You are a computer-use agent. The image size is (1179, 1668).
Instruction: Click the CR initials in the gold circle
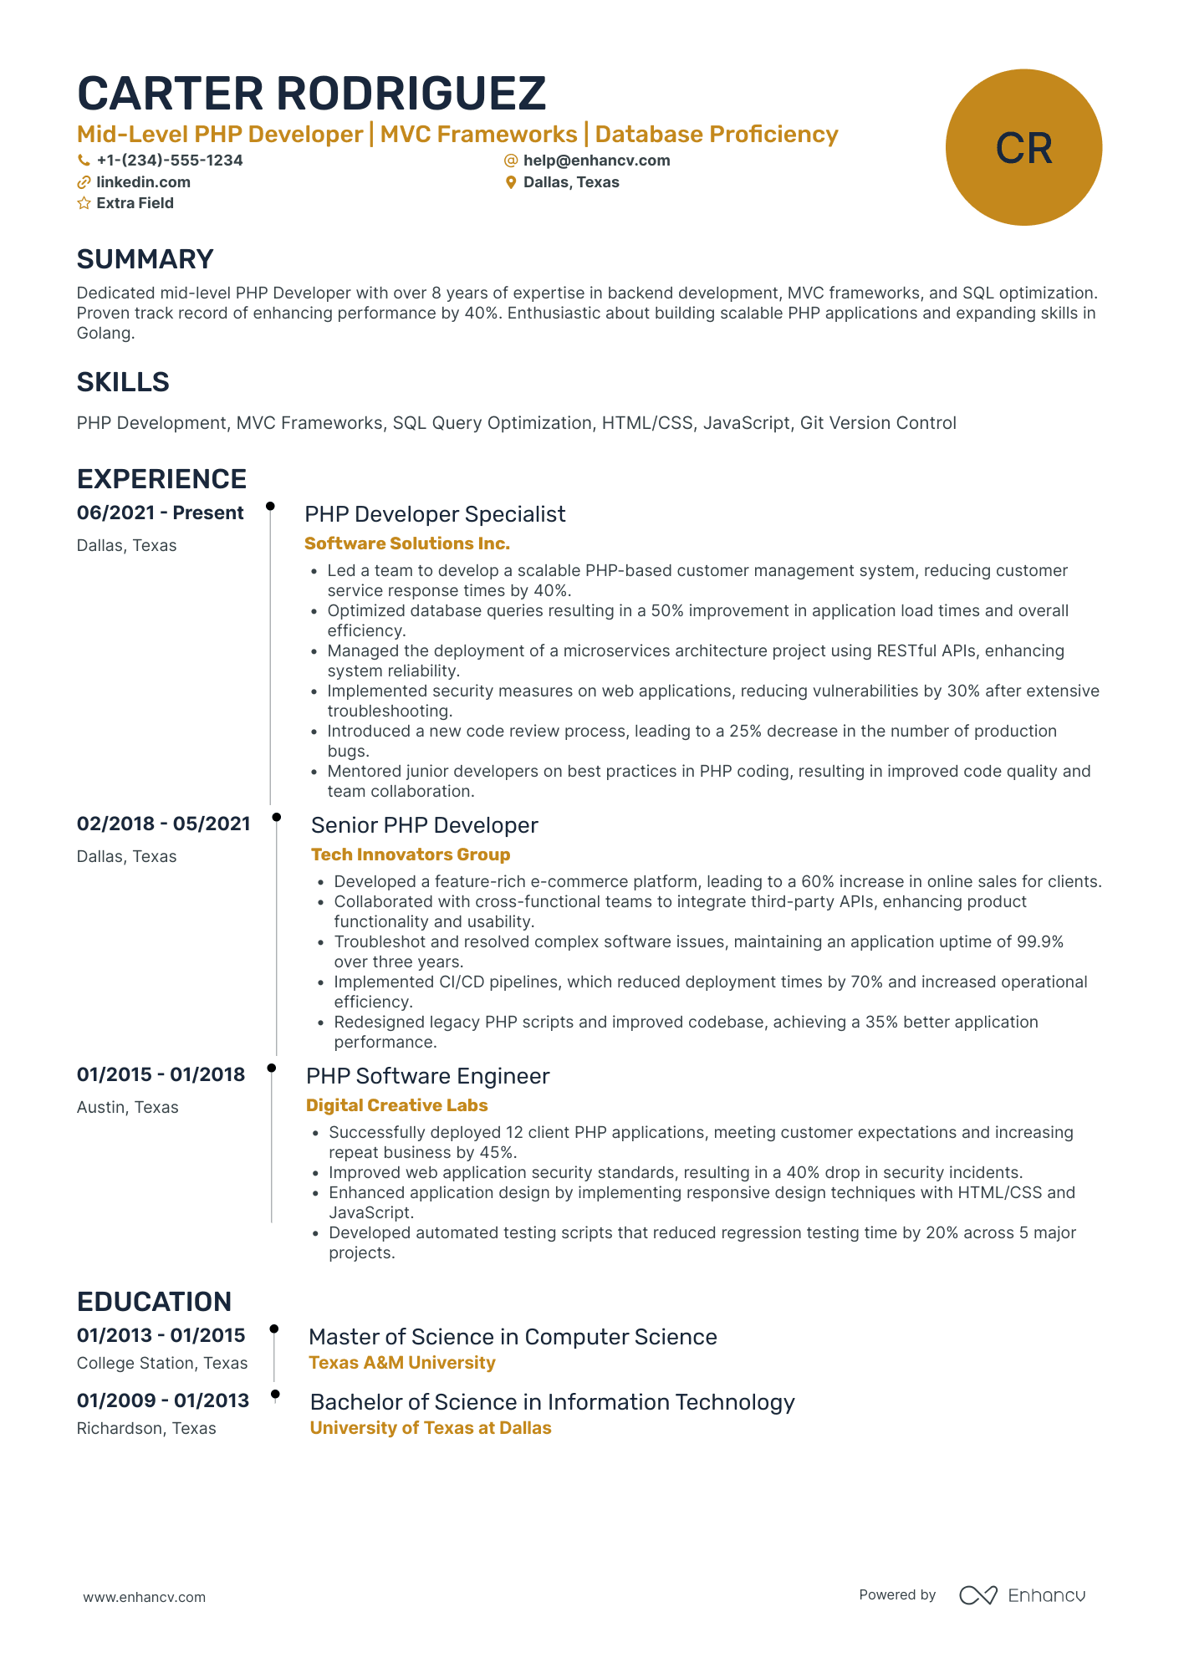pyautogui.click(x=1023, y=148)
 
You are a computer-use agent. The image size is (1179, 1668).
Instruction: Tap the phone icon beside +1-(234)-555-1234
pyautogui.click(x=84, y=161)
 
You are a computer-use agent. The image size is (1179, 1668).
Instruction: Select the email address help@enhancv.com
pyautogui.click(x=596, y=161)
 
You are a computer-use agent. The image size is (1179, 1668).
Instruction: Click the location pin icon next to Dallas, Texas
pyautogui.click(x=511, y=182)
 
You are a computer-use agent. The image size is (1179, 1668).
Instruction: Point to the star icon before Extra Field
pyautogui.click(x=84, y=203)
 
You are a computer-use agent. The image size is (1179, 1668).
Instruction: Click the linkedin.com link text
pyautogui.click(x=143, y=182)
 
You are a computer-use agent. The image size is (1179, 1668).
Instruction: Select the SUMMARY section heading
pyautogui.click(x=145, y=259)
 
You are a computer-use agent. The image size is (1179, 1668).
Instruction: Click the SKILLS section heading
pyautogui.click(x=123, y=382)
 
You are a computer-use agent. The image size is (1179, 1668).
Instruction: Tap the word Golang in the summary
pyautogui.click(x=105, y=333)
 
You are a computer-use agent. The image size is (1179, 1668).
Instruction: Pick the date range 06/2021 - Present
pyautogui.click(x=160, y=513)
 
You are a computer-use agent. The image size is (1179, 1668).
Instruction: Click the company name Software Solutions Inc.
pyautogui.click(x=406, y=543)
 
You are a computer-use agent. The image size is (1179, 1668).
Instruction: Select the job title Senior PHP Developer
pyautogui.click(x=424, y=825)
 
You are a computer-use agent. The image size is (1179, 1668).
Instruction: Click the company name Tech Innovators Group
pyautogui.click(x=410, y=854)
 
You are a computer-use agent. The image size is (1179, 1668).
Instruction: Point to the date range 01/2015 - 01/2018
pyautogui.click(x=161, y=1074)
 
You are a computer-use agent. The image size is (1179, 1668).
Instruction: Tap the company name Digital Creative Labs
pyautogui.click(x=396, y=1105)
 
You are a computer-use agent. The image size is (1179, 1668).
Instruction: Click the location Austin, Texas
pyautogui.click(x=127, y=1107)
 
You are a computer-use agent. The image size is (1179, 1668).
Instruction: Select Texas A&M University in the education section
pyautogui.click(x=401, y=1363)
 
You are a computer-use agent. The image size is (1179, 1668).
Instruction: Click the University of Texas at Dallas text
pyautogui.click(x=430, y=1428)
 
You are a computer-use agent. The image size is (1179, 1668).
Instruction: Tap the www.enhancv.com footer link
pyautogui.click(x=144, y=1597)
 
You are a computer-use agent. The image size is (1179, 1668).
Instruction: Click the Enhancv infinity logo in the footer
pyautogui.click(x=977, y=1595)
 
